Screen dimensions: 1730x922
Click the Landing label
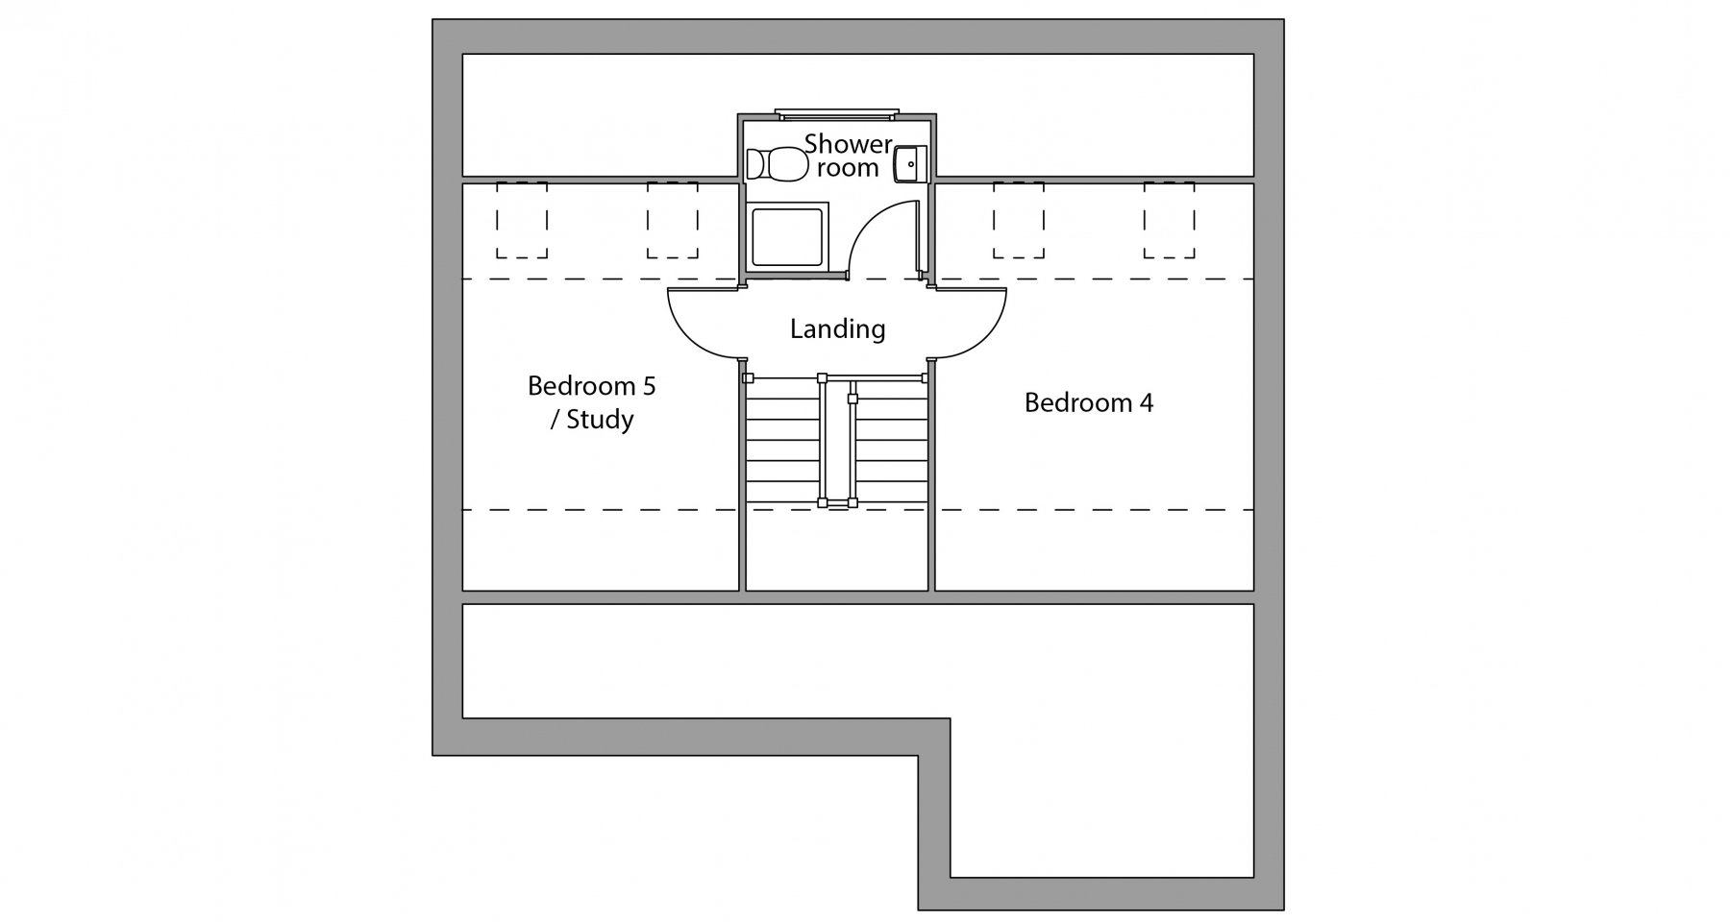pos(837,329)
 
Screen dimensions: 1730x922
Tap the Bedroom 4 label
pos(1088,402)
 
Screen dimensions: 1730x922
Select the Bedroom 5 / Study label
pos(592,402)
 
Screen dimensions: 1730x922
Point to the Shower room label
pos(849,156)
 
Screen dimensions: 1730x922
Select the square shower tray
pos(787,236)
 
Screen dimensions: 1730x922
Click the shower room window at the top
pos(837,113)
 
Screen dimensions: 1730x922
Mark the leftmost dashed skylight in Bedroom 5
pos(522,220)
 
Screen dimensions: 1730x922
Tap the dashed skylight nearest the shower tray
pos(673,220)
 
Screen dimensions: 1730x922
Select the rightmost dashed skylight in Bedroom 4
pos(1169,220)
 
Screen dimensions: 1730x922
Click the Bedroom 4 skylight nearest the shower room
pos(1019,220)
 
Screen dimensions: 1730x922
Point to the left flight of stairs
pos(782,440)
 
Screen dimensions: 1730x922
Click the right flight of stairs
pos(892,440)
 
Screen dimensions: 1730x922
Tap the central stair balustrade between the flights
pos(838,440)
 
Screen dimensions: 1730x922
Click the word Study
pos(600,420)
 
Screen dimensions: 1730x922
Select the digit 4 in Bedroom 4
pos(1146,402)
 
